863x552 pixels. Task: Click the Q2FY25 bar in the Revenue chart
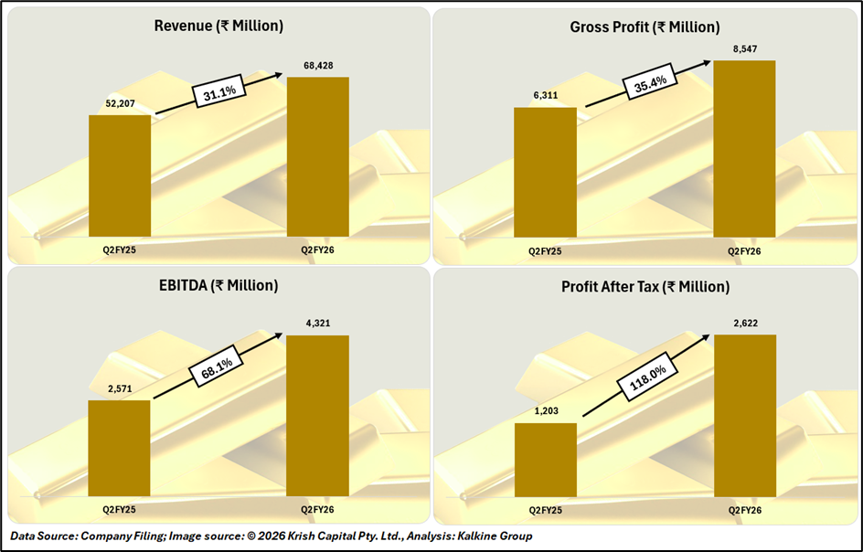(x=120, y=175)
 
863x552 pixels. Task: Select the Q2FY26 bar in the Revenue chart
(x=318, y=156)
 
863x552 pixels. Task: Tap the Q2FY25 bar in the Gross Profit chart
(x=545, y=172)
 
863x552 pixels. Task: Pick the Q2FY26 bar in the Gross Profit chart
(x=744, y=148)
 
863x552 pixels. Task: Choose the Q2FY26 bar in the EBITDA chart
(x=317, y=416)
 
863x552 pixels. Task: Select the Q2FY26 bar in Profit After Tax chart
(x=744, y=416)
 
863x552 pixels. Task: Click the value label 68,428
(x=317, y=66)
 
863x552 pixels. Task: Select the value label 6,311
(x=545, y=95)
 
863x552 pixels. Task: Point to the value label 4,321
(x=317, y=323)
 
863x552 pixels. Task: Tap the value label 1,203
(x=545, y=410)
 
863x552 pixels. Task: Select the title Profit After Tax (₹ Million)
(x=645, y=287)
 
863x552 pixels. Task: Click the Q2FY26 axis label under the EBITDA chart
(x=317, y=509)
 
